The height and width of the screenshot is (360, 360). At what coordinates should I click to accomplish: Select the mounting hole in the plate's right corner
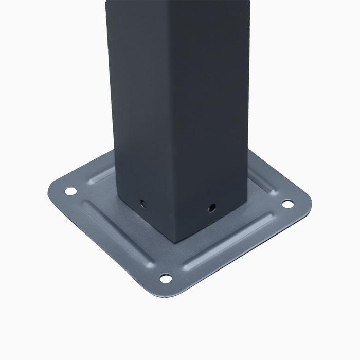coord(289,204)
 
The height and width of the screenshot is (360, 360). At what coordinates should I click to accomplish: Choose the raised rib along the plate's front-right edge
coord(234,244)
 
